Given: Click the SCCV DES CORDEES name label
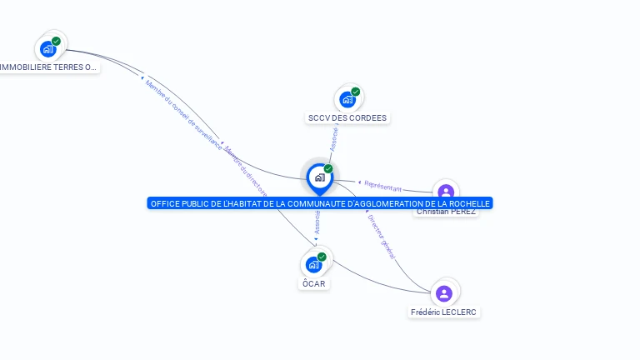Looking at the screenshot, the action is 347,118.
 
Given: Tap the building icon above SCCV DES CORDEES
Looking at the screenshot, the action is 347,99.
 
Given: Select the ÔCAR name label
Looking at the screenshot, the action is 314,283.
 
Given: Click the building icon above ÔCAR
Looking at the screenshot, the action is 313,264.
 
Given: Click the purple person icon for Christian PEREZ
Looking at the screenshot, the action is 446,192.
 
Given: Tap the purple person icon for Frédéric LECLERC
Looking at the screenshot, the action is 444,293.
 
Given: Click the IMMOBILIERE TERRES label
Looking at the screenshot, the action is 48,67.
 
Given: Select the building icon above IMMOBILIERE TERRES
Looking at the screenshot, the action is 47,48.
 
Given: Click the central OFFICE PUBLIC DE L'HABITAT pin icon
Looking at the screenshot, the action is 319,177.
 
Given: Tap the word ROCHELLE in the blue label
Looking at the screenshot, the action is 464,203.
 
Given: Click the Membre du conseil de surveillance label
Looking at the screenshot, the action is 182,113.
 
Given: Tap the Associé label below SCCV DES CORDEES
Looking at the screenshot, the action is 334,138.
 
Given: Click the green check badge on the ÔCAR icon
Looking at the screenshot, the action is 322,257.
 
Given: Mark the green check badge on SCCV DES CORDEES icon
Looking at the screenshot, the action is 356,92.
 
